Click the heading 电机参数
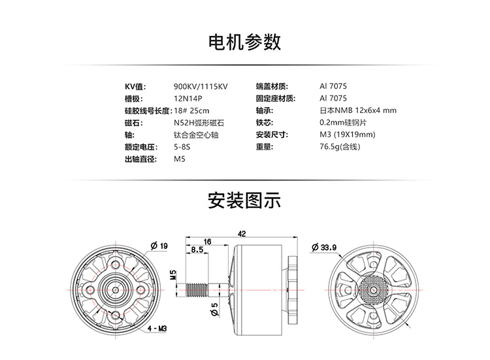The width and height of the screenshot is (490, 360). (x=244, y=42)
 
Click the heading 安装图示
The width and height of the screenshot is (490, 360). (x=244, y=200)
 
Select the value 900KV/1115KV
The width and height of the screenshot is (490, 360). (x=201, y=87)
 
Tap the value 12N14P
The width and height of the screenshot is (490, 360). (x=188, y=99)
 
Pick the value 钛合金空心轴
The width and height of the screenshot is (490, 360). (x=196, y=135)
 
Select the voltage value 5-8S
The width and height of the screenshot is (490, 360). (x=183, y=147)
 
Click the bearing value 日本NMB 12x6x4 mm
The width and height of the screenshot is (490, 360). (x=358, y=111)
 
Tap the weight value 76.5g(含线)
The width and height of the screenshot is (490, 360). (x=340, y=147)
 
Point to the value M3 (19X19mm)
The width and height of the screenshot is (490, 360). (x=348, y=135)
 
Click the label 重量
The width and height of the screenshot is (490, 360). (x=265, y=147)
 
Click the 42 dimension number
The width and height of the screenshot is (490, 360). (x=242, y=233)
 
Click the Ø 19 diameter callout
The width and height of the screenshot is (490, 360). (x=159, y=246)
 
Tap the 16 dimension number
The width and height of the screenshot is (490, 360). (x=207, y=242)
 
